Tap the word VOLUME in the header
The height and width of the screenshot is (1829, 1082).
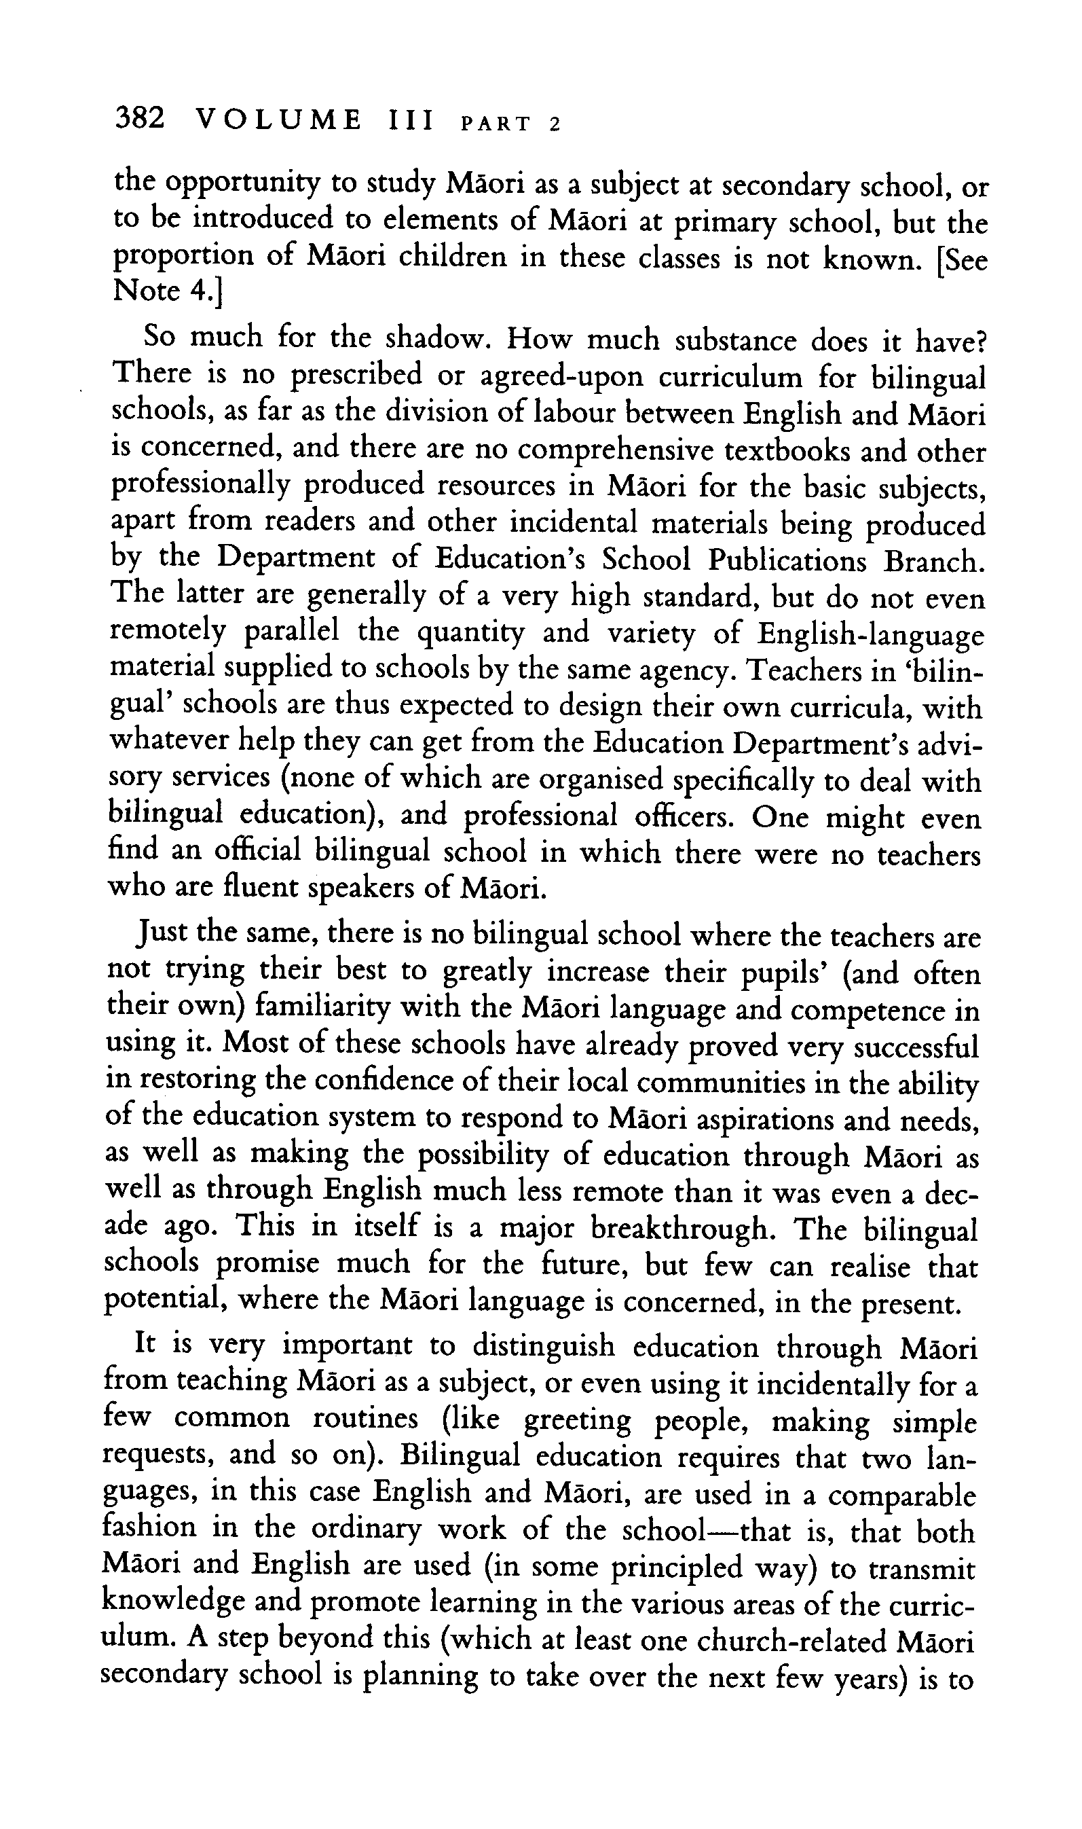[278, 119]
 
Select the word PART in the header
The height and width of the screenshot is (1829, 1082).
[496, 123]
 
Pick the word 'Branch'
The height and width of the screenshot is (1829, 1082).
[930, 562]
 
